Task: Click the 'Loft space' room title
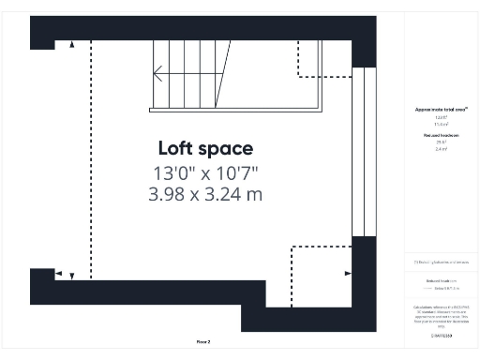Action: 205,148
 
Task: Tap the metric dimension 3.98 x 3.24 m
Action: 205,194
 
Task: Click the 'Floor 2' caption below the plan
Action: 202,340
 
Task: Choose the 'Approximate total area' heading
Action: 441,110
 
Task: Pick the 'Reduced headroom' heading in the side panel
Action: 441,136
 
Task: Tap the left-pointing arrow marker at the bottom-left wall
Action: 59,274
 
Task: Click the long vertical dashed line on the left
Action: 91,159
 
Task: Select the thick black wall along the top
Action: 187,28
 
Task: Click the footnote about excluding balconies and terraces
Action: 441,262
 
